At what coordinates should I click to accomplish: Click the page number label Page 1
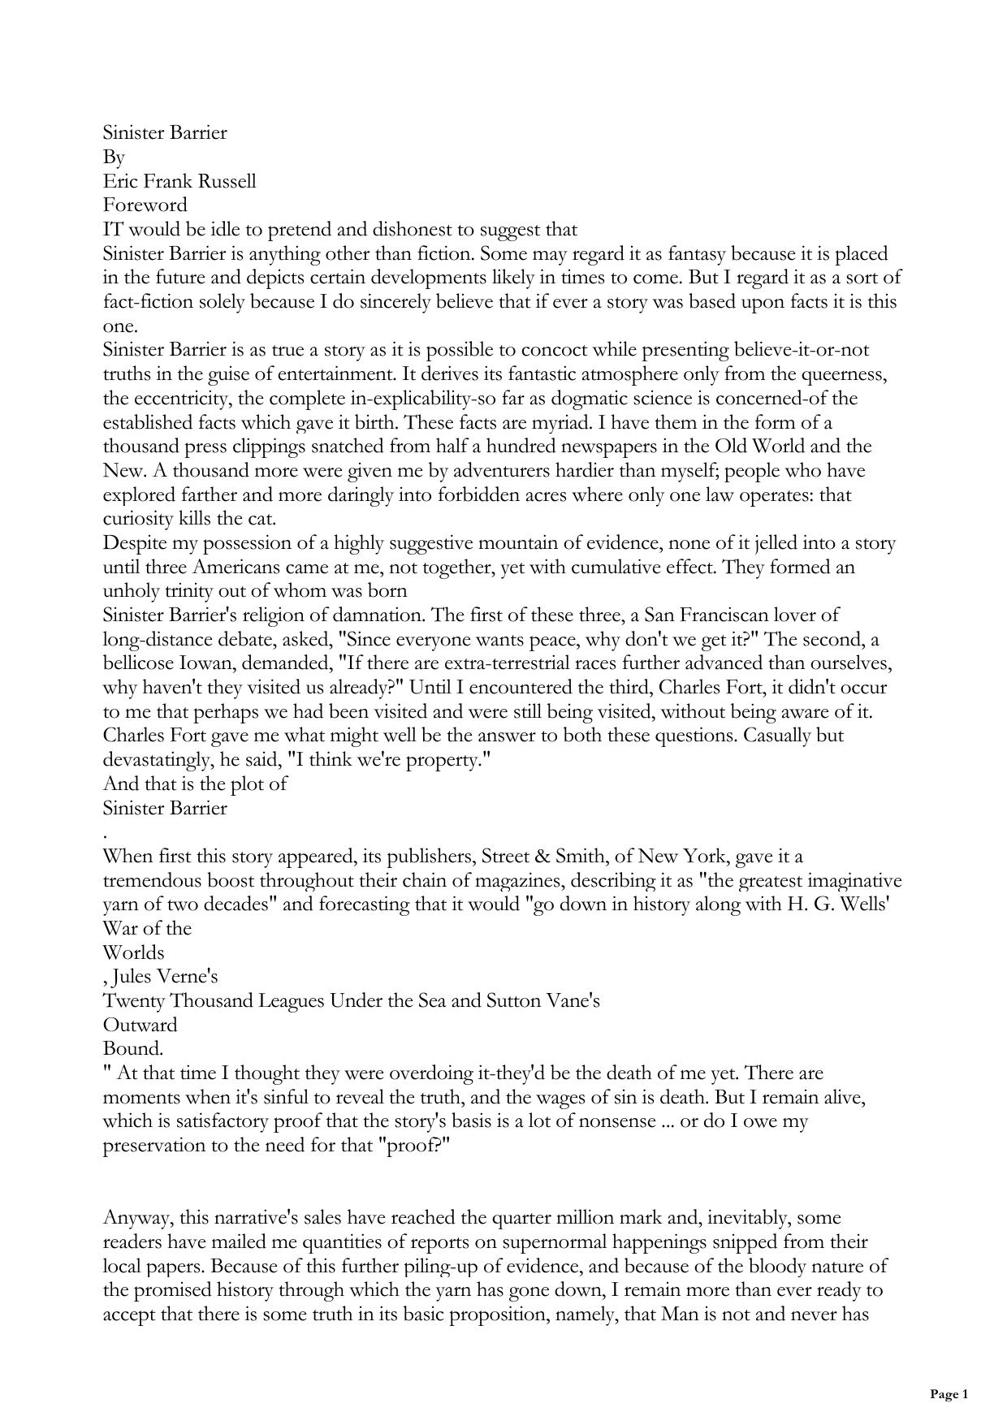click(x=949, y=1394)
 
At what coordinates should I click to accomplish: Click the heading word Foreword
click(x=145, y=205)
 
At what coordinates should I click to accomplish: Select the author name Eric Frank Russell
click(x=179, y=181)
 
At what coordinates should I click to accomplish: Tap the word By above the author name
click(x=114, y=157)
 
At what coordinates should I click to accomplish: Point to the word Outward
click(x=140, y=1025)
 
